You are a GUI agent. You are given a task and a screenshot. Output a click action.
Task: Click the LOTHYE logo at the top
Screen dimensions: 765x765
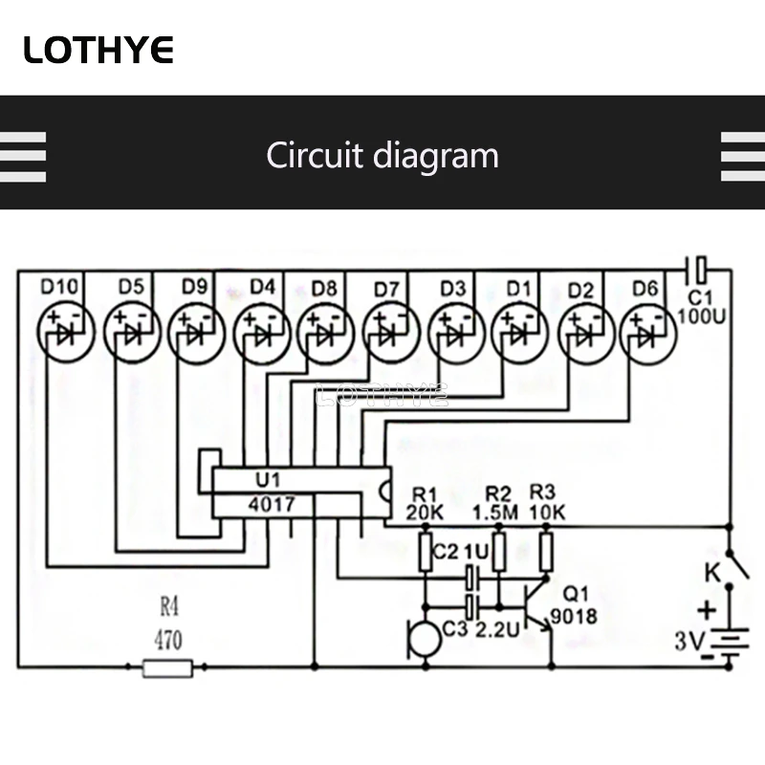[x=98, y=49]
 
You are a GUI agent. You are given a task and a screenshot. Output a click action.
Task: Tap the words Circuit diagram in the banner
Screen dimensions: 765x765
[x=382, y=155]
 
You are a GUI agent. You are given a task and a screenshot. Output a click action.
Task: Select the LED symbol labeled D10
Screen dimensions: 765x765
[x=62, y=334]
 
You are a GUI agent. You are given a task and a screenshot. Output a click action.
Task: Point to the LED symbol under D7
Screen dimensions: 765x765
[x=386, y=334]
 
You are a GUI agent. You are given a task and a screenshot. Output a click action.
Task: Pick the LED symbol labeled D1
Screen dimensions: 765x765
[x=517, y=334]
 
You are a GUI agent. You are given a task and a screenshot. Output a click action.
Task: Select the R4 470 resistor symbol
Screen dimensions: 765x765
[x=167, y=667]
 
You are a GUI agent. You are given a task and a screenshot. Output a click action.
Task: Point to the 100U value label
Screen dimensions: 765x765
[x=702, y=316]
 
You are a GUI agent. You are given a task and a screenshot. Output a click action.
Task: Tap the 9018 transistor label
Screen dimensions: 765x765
[x=574, y=617]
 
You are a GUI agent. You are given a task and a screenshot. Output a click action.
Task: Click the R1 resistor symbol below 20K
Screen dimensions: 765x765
[x=427, y=552]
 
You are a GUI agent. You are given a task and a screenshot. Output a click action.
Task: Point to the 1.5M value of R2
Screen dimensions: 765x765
[x=495, y=513]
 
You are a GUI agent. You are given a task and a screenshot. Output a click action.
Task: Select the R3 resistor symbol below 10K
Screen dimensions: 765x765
[x=546, y=552]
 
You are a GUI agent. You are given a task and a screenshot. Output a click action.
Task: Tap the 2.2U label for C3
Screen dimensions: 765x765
[x=496, y=630]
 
